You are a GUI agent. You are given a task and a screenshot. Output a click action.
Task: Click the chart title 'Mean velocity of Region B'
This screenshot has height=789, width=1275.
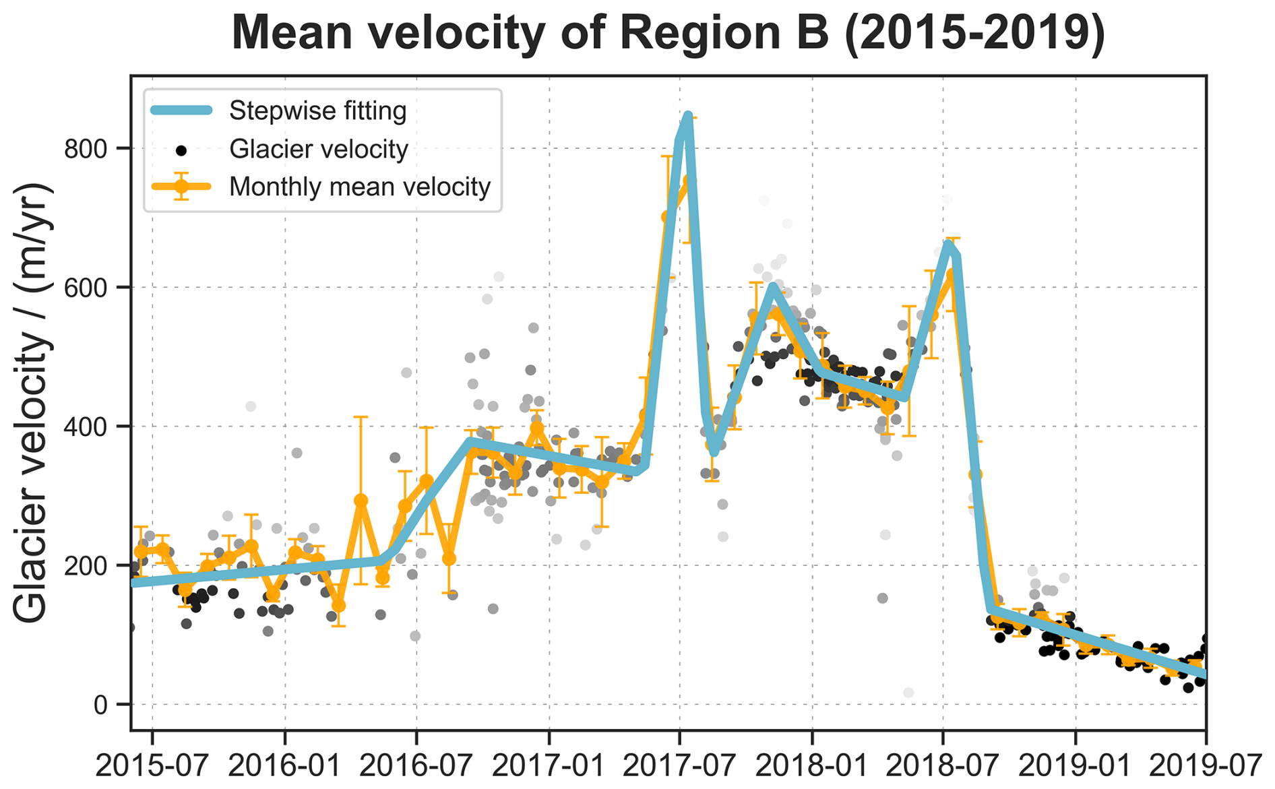[x=668, y=32]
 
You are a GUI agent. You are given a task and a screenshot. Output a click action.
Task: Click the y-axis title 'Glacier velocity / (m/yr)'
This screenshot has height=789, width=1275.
[x=32, y=402]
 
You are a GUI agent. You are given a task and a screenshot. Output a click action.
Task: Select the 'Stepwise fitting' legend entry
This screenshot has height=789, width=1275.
[x=317, y=111]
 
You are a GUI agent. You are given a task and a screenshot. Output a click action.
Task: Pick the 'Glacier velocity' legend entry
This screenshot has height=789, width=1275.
[x=318, y=149]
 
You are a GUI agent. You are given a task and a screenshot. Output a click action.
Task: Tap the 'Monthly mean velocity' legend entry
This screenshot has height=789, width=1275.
[x=359, y=187]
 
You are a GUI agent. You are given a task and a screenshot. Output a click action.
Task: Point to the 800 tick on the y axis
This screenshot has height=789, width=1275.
[x=86, y=148]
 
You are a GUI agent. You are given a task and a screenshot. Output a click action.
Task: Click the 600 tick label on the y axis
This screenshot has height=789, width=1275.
[x=86, y=288]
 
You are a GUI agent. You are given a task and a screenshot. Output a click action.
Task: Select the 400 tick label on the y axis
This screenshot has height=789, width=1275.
[x=86, y=427]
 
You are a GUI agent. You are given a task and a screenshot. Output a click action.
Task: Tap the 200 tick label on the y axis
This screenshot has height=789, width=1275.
[x=86, y=565]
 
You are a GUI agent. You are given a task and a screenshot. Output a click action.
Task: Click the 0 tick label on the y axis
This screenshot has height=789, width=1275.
[x=100, y=705]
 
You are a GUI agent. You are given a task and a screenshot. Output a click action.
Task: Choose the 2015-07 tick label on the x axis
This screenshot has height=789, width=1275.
[x=152, y=766]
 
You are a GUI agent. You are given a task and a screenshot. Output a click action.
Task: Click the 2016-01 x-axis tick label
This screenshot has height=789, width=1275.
[x=285, y=766]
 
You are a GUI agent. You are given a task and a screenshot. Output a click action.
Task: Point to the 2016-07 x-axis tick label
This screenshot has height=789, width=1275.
[x=416, y=766]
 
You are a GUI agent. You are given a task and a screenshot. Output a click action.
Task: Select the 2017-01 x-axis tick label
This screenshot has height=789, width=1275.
[x=549, y=766]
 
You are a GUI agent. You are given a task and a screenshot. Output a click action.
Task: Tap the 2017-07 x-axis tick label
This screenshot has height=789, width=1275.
[x=680, y=766]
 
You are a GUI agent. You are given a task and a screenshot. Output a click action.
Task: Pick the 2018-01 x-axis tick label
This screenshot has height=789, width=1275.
[x=813, y=766]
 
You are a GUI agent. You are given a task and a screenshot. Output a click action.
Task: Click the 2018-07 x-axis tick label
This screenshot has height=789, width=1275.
[x=943, y=766]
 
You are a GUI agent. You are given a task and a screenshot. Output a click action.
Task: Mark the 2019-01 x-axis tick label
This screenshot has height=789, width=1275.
[x=1076, y=766]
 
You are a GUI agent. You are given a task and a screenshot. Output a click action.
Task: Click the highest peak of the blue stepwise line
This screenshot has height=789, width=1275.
[x=687, y=115]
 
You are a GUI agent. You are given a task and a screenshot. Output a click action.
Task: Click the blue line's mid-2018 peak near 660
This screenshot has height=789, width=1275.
[x=950, y=244]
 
